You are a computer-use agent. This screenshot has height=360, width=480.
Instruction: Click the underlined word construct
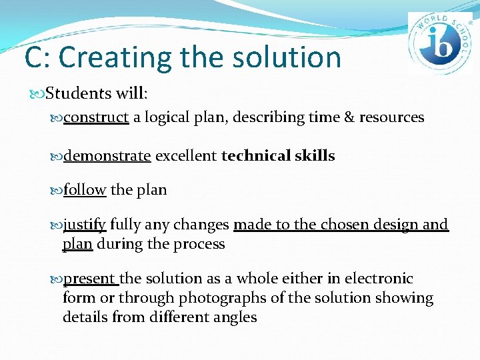point(96,117)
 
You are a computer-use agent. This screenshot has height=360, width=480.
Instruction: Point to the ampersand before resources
point(349,117)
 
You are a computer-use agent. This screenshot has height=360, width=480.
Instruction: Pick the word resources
point(391,117)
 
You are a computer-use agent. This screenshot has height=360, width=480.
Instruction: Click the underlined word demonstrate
point(107,156)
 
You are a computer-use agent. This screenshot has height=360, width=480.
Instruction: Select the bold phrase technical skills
point(278,156)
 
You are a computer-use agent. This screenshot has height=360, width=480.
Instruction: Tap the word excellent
point(186,156)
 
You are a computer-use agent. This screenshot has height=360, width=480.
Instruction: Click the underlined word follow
point(85,190)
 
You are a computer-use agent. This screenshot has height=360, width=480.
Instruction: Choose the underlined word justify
point(85,225)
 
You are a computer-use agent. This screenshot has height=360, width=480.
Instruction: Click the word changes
point(202,225)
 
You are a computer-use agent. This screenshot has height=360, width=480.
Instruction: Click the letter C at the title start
point(34,57)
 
